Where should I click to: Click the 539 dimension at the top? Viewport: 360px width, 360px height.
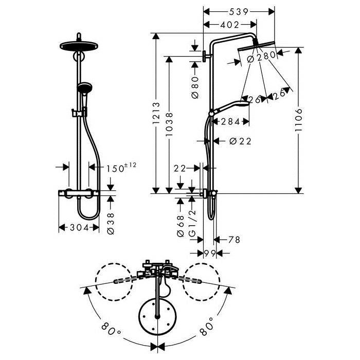pos(239,12)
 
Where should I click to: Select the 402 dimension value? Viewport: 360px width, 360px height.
pos(230,25)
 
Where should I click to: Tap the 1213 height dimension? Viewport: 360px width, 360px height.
pos(156,113)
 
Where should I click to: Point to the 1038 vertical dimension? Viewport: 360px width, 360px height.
pos(169,124)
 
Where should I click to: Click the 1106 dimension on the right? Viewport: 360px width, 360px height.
pos(298,120)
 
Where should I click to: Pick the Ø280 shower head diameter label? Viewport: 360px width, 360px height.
pos(261,57)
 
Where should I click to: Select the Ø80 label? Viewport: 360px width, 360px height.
pos(195,87)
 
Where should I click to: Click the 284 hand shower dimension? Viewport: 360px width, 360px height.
pos(230,122)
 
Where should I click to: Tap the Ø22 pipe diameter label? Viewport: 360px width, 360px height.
pos(240,141)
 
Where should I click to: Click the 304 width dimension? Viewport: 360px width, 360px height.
pos(79,227)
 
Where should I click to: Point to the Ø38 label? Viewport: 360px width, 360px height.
pos(111,223)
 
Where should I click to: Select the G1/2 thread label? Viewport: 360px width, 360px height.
pos(192,223)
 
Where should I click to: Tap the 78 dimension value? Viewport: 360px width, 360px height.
pos(234,240)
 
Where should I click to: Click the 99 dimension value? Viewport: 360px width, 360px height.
pos(210,254)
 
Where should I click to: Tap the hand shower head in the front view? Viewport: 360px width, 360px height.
pos(85,87)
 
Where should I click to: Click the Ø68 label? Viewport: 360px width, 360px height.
pos(181,226)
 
